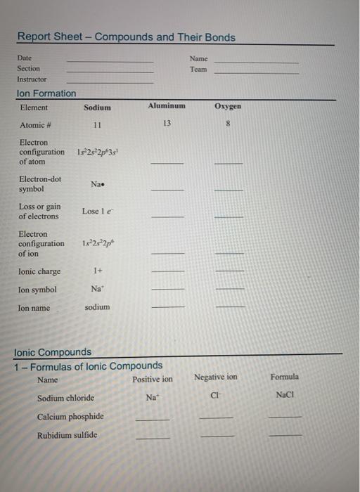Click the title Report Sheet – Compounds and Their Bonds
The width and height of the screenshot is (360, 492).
[x=127, y=37]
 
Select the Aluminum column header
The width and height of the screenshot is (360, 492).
[x=167, y=105]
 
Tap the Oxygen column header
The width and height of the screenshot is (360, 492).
[x=227, y=106]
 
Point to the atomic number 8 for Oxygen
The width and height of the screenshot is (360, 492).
[x=227, y=124]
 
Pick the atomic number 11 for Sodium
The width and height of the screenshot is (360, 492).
[x=97, y=125]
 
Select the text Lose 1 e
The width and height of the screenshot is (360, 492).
[x=96, y=211]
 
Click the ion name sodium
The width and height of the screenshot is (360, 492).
[x=97, y=307]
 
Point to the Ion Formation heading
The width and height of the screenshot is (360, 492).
[x=46, y=93]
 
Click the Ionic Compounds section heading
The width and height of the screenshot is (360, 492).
[x=53, y=351]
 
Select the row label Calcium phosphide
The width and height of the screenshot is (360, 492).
[x=70, y=416]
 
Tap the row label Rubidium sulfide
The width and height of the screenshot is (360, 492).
[x=67, y=434]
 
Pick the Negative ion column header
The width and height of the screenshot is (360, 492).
[x=215, y=377]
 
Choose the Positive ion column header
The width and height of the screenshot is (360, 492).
[x=152, y=380]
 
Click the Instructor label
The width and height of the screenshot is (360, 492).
[x=32, y=80]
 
